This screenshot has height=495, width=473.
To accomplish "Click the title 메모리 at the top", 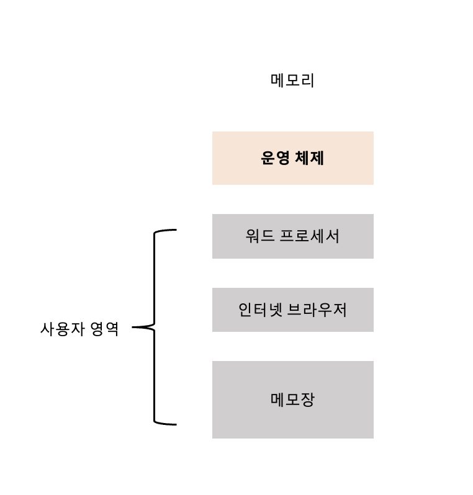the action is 292,81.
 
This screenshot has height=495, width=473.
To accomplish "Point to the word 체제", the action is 310,158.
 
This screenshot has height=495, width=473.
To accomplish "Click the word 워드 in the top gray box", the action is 259,236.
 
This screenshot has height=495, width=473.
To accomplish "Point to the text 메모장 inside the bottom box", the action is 292,399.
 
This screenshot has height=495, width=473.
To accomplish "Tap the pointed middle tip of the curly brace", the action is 135,327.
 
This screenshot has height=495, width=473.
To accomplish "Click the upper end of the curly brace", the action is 174,230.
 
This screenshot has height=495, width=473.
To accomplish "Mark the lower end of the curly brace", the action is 174,424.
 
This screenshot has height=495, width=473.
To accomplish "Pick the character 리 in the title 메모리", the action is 307,81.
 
